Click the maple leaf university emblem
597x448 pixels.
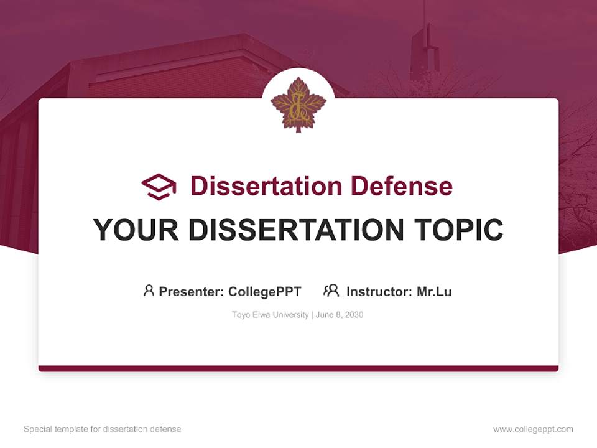(x=298, y=105)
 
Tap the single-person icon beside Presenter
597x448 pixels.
(x=149, y=291)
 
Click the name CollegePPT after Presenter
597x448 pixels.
(x=264, y=291)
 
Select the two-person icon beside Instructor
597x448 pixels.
(x=331, y=291)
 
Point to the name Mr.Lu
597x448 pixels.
(x=434, y=291)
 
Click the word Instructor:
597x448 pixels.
(x=379, y=291)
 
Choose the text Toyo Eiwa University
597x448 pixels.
(x=270, y=315)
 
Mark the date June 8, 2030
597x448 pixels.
(x=340, y=315)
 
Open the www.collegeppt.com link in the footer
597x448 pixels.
(x=533, y=429)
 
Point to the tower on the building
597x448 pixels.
(x=425, y=50)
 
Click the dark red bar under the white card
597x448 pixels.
(x=298, y=368)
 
